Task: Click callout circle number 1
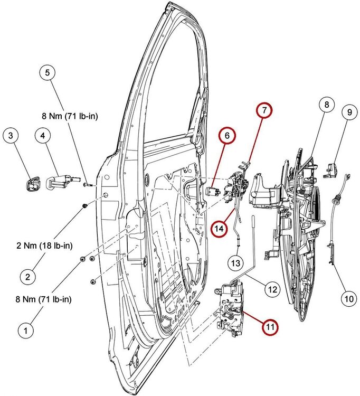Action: coord(24,331)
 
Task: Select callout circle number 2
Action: coord(29,275)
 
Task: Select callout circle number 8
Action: coord(327,105)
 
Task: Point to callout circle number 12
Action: coord(271,289)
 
